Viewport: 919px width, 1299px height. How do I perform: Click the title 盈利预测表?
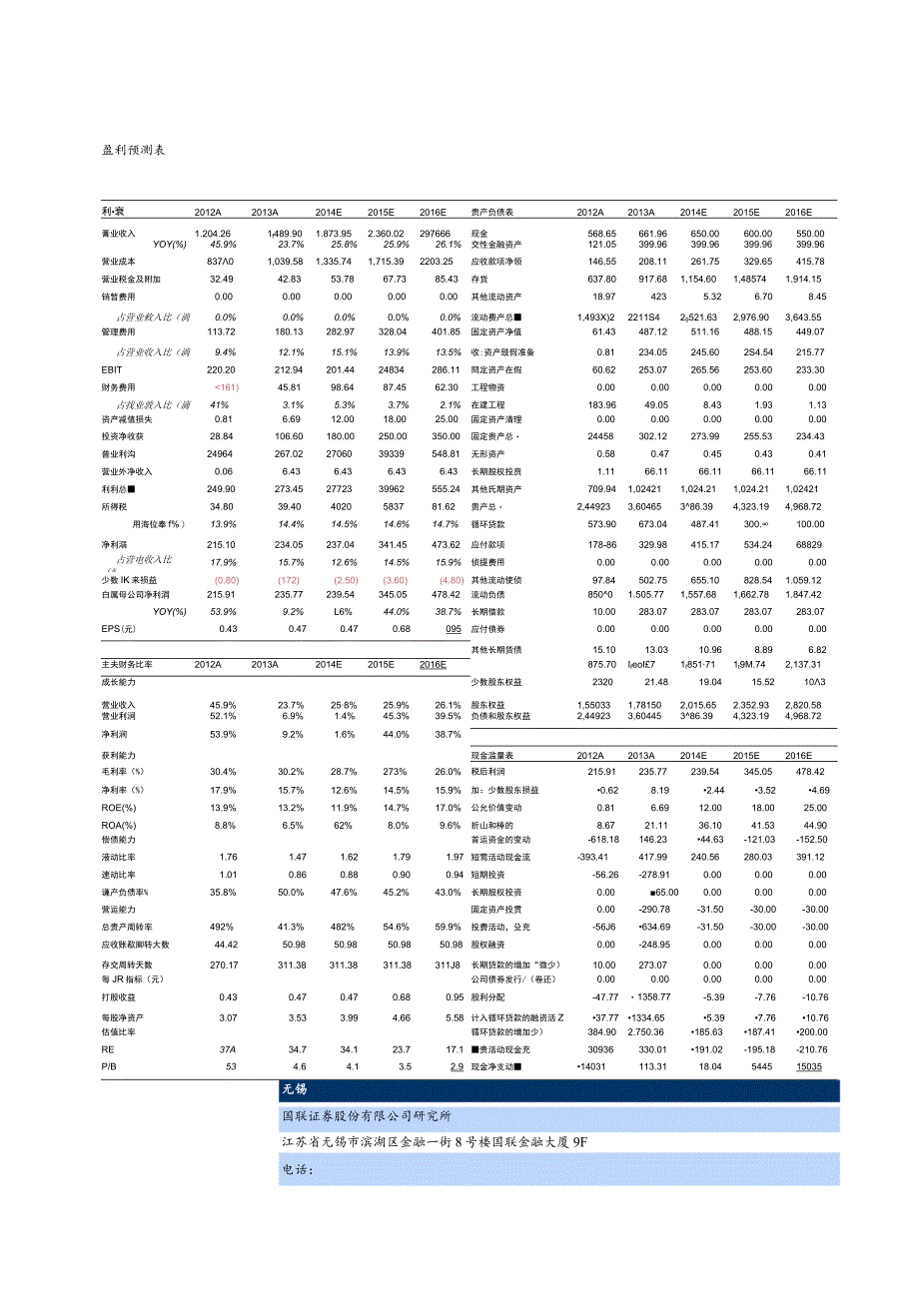click(133, 150)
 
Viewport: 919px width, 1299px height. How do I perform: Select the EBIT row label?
click(113, 368)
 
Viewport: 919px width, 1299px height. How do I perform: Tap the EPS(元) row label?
click(119, 629)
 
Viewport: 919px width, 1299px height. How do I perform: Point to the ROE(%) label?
click(119, 807)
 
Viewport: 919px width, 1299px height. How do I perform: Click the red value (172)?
click(289, 580)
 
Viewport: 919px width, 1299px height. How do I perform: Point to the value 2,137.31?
click(805, 664)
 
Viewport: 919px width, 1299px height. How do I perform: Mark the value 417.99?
click(652, 857)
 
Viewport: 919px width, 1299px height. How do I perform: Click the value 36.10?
click(708, 825)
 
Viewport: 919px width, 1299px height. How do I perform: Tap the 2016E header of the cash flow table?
click(798, 756)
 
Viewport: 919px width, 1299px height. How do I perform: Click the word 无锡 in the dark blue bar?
click(296, 1090)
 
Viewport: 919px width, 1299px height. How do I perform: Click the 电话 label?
click(299, 1170)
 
